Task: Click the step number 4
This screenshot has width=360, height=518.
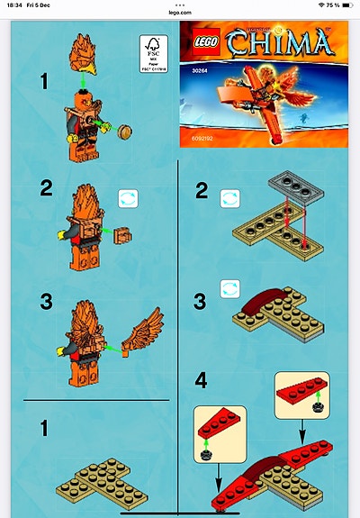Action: (x=202, y=380)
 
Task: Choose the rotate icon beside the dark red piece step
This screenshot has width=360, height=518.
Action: (x=230, y=289)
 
